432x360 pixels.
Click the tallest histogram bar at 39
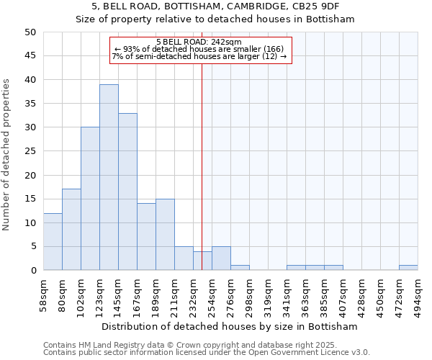(109, 177)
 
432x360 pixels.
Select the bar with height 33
(127, 192)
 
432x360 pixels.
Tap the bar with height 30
(90, 199)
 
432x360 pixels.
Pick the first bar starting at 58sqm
(53, 241)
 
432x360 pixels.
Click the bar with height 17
(71, 230)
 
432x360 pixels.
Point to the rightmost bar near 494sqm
(408, 268)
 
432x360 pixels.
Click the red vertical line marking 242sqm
(202, 166)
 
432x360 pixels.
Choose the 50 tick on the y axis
(30, 32)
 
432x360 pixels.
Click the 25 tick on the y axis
(30, 151)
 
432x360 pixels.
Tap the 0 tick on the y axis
(33, 271)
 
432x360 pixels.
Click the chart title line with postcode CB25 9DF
(215, 6)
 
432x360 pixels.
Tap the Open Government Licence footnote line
(206, 352)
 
